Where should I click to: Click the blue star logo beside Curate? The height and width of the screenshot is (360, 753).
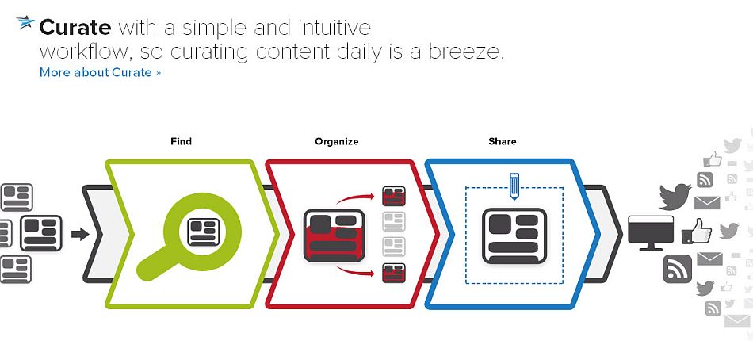point(25,24)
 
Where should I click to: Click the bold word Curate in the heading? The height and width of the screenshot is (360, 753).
point(75,28)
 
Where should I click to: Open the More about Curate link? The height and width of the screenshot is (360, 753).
point(100,72)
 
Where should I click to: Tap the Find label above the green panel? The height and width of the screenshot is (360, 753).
point(181,141)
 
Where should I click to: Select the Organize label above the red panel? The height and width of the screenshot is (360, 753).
point(336,141)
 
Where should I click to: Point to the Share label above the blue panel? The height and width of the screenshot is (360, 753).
point(502,141)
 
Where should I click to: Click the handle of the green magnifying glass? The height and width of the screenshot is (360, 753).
point(153,266)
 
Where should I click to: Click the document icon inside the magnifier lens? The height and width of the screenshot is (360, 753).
point(202,231)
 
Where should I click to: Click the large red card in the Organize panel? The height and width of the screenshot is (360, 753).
point(334,236)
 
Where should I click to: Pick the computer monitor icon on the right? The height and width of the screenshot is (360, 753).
point(650,232)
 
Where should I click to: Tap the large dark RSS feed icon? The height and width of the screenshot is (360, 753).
point(677,268)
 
